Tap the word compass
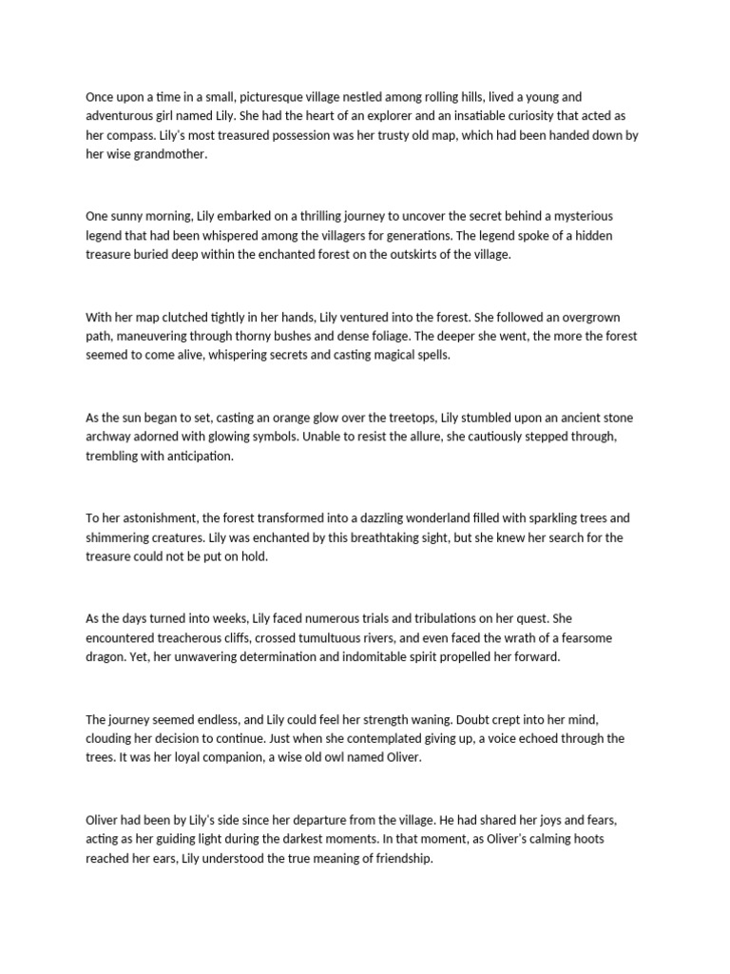pos(130,135)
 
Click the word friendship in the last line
pos(399,859)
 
